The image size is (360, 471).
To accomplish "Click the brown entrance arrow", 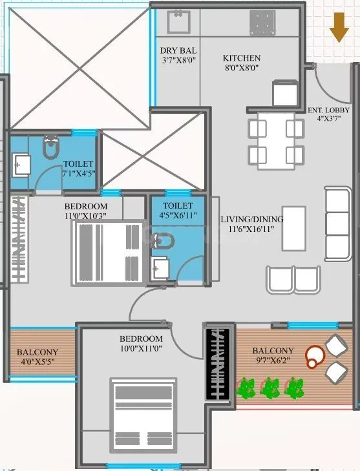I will pos(338,27).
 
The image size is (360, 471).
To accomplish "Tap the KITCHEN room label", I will pos(242,58).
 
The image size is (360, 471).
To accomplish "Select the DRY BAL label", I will pos(178,50).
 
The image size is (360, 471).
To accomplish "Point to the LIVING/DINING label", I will pos(251,219).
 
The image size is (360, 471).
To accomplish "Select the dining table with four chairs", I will pos(276,141).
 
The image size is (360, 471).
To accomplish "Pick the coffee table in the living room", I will pos(294,227).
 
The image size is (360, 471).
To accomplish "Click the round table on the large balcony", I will pos(315,356).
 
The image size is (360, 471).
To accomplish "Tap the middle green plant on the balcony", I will pos(270,388).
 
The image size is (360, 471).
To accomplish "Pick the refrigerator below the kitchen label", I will pos(284,92).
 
